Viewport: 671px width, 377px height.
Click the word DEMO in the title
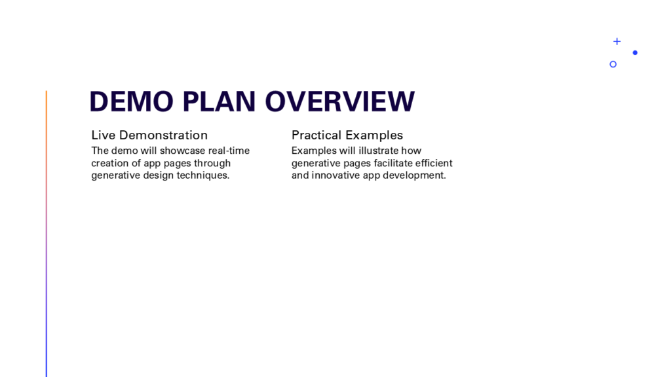pyautogui.click(x=131, y=101)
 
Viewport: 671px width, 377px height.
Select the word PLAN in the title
pyautogui.click(x=219, y=101)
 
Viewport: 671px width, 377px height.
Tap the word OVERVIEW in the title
pyautogui.click(x=340, y=101)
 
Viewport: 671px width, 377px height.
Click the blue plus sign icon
pyautogui.click(x=617, y=41)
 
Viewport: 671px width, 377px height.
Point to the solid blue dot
pyautogui.click(x=635, y=52)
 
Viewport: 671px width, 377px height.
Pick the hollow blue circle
pyautogui.click(x=613, y=64)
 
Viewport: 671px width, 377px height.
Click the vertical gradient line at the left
pyautogui.click(x=47, y=234)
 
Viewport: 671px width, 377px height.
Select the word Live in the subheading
pyautogui.click(x=103, y=135)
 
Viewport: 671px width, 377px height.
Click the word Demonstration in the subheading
pyautogui.click(x=163, y=135)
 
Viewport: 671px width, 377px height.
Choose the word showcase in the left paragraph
pyautogui.click(x=183, y=151)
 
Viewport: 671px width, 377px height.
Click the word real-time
pyautogui.click(x=229, y=151)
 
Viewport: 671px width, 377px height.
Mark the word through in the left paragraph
pyautogui.click(x=212, y=163)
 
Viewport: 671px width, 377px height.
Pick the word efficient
pyautogui.click(x=434, y=163)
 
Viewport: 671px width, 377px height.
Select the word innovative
pyautogui.click(x=335, y=175)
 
